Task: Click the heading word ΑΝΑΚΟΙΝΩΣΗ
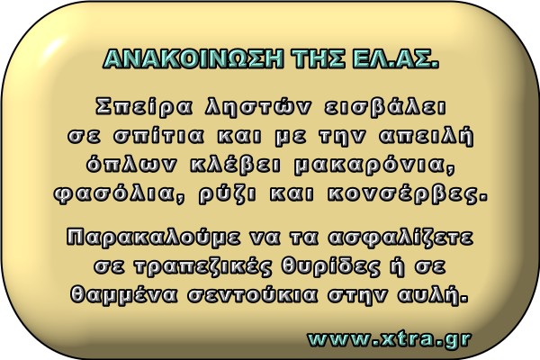(x=193, y=58)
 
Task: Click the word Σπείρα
(x=144, y=107)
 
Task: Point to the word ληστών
(x=257, y=107)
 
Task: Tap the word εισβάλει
(x=385, y=107)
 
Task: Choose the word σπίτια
(x=158, y=137)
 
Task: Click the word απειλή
(x=427, y=136)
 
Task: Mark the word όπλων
(x=130, y=165)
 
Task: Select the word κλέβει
(x=236, y=165)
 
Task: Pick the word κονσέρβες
(x=408, y=194)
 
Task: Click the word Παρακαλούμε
(x=153, y=238)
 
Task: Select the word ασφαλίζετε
(x=400, y=238)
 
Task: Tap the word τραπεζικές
(x=202, y=267)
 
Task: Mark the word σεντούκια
(x=252, y=295)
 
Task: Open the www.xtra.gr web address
(x=389, y=339)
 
